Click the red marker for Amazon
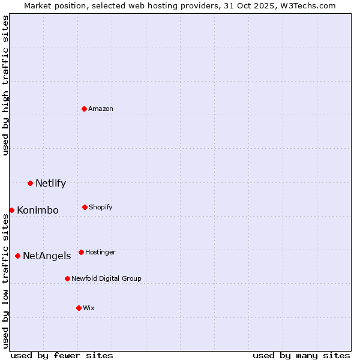tap(84, 109)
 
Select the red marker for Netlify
tap(30, 183)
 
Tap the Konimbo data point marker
tap(11, 210)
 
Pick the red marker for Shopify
tap(85, 207)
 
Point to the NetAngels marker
tap(17, 256)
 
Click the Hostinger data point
tap(81, 252)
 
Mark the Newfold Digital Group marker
tap(67, 278)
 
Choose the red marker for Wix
tap(79, 308)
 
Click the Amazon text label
tap(101, 109)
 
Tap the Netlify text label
tap(50, 184)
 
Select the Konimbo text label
tap(38, 211)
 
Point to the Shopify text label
tap(100, 207)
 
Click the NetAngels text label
tap(47, 256)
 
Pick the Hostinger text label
tap(100, 252)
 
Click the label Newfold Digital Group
tap(106, 278)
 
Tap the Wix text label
tap(89, 308)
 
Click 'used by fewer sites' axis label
tap(62, 355)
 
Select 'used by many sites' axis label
tap(301, 355)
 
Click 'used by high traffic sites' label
tap(5, 85)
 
